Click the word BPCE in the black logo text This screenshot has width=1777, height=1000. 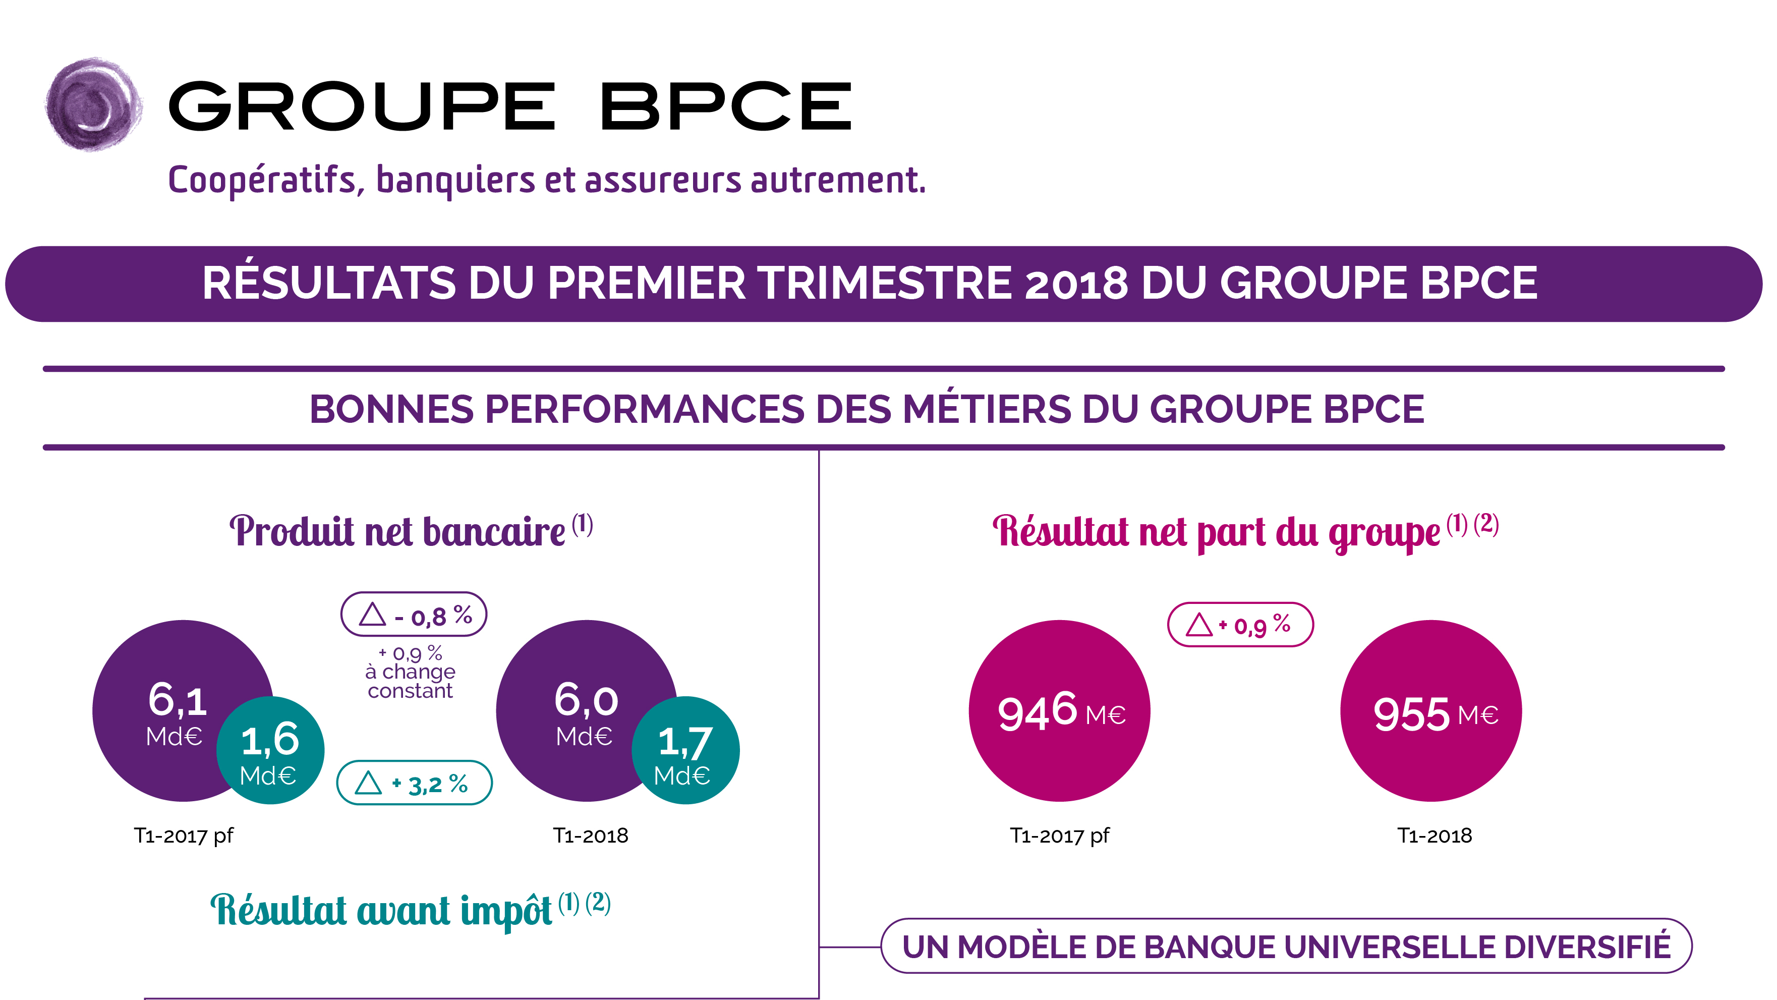(726, 106)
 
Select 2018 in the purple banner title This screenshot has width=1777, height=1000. (1076, 284)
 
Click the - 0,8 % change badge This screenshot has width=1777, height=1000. (414, 614)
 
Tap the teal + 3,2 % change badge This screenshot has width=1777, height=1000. (414, 783)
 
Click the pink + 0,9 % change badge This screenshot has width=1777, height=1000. (1240, 625)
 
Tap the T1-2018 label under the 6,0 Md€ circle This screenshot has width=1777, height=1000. (591, 836)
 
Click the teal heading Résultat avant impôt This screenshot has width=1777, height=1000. (381, 911)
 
